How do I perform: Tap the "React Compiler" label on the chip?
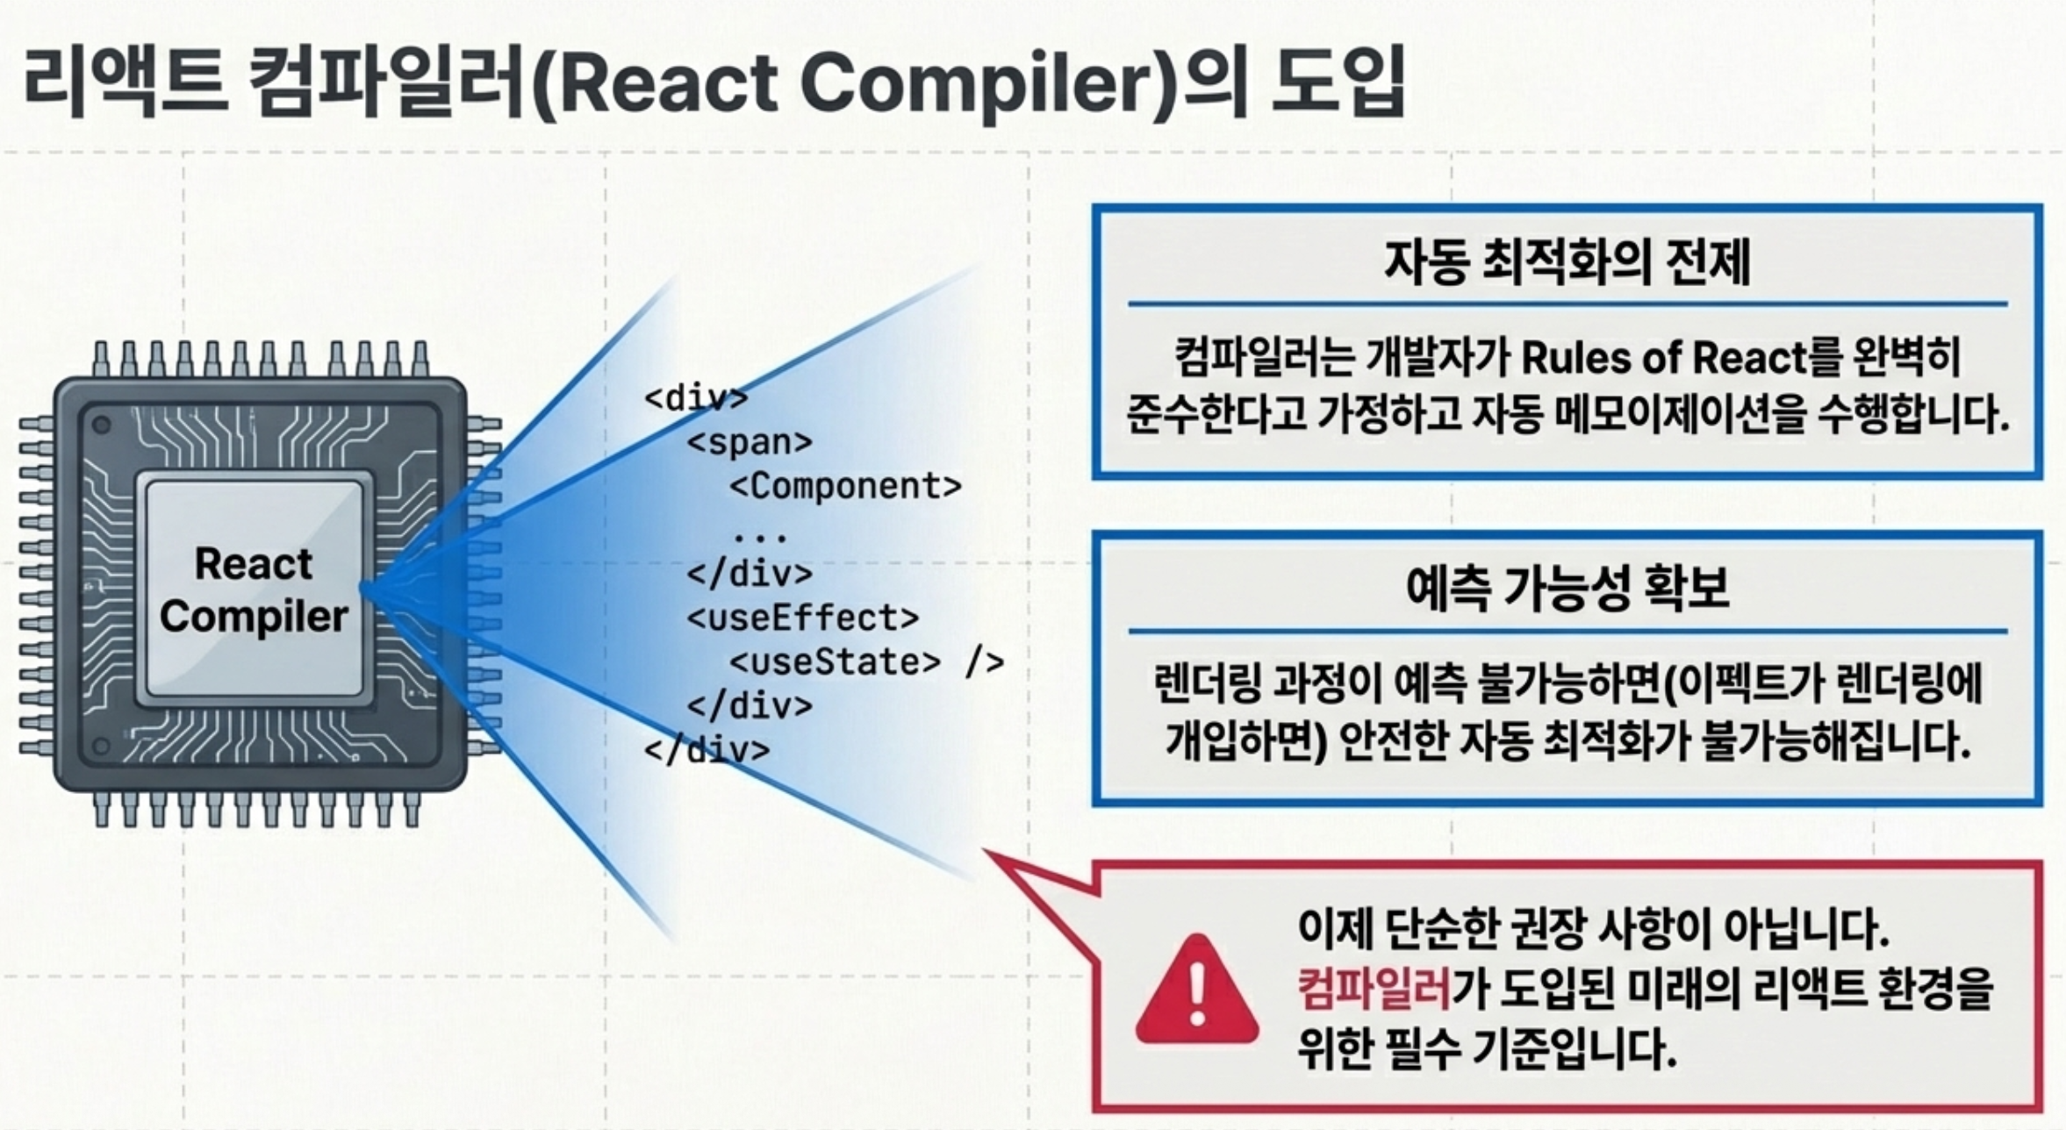(x=253, y=590)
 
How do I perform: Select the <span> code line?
(x=750, y=442)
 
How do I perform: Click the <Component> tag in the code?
(x=845, y=486)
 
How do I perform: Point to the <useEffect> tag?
(x=802, y=619)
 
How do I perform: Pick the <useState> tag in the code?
(x=835, y=662)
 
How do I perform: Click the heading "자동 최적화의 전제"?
(x=1567, y=261)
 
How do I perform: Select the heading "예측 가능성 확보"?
(x=1567, y=588)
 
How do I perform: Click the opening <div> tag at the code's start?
(x=696, y=398)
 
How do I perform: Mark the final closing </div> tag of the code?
(x=707, y=750)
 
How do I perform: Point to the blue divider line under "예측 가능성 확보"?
(x=1567, y=631)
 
